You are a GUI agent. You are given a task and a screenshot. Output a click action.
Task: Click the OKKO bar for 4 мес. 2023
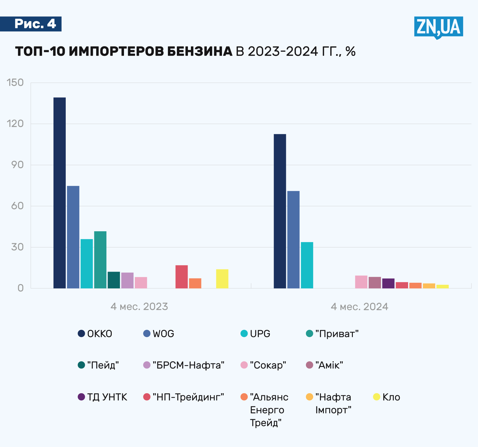coord(59,193)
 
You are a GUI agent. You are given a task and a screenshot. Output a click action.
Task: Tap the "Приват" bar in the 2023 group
coord(100,260)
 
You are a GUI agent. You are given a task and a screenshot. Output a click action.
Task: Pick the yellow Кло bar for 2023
coord(222,279)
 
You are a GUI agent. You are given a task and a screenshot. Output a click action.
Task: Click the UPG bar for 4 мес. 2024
coord(307,265)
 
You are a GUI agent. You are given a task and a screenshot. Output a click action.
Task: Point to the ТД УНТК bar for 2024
coord(388,283)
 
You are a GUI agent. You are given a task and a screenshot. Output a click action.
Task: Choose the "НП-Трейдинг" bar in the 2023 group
coord(181,277)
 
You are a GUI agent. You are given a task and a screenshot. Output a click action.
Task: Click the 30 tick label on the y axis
coord(17,247)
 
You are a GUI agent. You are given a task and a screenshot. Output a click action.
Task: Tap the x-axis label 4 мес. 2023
coord(139,307)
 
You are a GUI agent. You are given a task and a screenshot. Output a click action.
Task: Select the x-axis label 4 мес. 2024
coord(359,307)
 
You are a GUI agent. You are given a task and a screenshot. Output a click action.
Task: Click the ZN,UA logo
coord(438,27)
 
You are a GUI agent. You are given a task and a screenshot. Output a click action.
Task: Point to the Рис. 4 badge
coord(35,24)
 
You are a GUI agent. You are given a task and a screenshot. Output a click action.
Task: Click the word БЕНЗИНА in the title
coord(199,51)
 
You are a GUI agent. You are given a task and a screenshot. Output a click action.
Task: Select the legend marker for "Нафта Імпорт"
coord(310,397)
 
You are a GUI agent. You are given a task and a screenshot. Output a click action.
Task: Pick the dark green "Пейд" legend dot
coord(81,365)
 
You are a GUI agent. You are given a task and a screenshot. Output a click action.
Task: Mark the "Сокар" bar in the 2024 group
coord(361,282)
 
